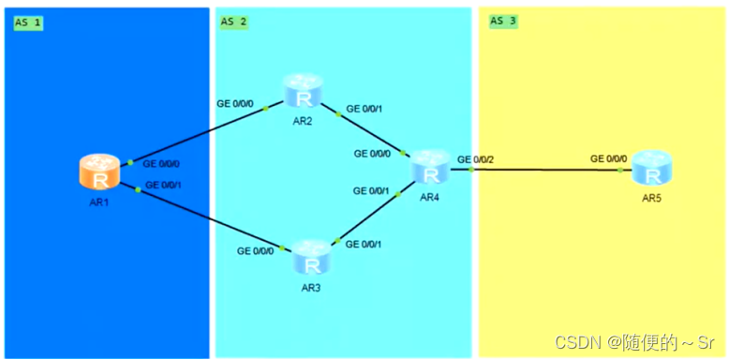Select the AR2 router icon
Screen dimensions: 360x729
(x=303, y=92)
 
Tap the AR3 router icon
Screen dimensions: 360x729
(x=310, y=257)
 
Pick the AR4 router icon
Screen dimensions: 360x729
(x=430, y=171)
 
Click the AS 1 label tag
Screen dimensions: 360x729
(x=28, y=22)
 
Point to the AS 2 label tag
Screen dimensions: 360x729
(x=233, y=22)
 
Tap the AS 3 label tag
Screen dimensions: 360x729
(x=503, y=22)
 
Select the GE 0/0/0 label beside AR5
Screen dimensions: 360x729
(x=609, y=159)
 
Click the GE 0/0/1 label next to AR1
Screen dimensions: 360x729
(x=163, y=185)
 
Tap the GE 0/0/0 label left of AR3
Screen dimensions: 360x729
(x=256, y=250)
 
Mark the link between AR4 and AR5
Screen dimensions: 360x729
(x=543, y=171)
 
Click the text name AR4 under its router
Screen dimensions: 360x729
(x=429, y=197)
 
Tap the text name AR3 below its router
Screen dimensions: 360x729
(x=311, y=287)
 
